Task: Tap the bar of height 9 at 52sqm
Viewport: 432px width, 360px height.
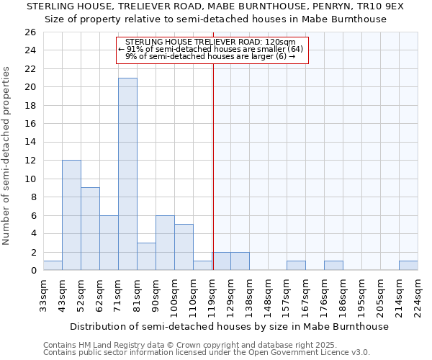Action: coord(90,228)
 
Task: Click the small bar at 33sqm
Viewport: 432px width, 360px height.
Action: coord(53,266)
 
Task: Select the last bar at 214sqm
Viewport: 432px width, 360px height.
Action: coord(408,266)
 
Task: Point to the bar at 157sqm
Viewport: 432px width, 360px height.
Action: coord(296,266)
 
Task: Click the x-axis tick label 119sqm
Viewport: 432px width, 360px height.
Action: coord(212,294)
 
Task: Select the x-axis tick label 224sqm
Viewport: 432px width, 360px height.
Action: coord(418,294)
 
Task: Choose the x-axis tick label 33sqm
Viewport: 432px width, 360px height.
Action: coord(44,294)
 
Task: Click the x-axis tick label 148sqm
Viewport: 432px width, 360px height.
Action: coord(269,294)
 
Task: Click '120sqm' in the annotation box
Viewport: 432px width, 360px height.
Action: coord(279,42)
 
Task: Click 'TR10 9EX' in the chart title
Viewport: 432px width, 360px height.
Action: coord(384,6)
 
